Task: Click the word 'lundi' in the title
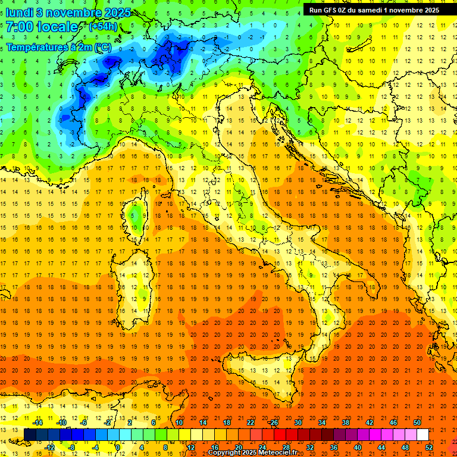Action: click(20, 12)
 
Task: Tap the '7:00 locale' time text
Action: click(42, 27)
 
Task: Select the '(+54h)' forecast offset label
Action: click(103, 27)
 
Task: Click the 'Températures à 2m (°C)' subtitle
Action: click(58, 47)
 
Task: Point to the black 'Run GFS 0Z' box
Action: click(374, 10)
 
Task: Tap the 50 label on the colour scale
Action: click(417, 422)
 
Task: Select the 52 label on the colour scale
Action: click(430, 447)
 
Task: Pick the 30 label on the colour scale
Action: click(298, 422)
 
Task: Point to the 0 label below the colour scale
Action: click(118, 447)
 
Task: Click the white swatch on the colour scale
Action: click(422, 434)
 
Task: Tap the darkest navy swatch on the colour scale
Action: click(30, 434)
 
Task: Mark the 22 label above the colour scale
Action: click(251, 422)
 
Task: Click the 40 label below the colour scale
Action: click(358, 447)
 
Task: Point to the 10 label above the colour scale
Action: click(179, 422)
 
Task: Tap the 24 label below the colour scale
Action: click(262, 447)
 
